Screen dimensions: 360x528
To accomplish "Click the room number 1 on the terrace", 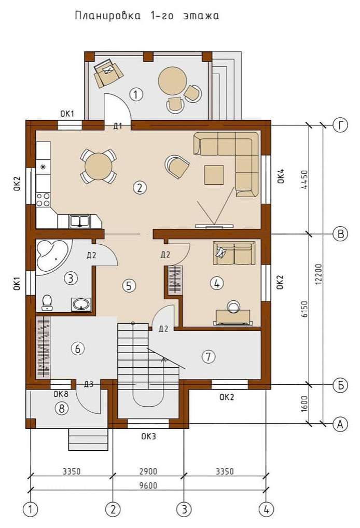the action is [136, 94].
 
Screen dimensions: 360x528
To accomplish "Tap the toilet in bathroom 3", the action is [47, 302].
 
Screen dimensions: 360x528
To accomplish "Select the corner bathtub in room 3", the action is [53, 256].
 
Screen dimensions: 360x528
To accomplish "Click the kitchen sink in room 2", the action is [79, 221].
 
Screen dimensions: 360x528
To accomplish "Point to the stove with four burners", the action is [43, 199].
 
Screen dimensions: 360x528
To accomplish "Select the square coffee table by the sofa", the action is [214, 175].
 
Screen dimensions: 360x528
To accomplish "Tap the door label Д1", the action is [118, 126].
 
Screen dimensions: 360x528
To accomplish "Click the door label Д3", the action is [89, 384].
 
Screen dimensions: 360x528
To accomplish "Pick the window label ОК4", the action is [281, 176].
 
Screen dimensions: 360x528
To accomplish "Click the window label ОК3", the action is [148, 437].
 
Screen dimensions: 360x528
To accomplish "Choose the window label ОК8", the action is [61, 394].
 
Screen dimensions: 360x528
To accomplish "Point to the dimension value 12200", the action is [319, 274].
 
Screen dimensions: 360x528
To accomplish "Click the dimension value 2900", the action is [148, 471].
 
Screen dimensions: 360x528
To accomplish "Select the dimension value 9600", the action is [148, 485].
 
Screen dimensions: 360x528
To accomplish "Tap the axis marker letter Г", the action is [340, 125].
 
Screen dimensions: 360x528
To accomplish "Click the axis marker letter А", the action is [340, 425].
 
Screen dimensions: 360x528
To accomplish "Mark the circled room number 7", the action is [209, 356].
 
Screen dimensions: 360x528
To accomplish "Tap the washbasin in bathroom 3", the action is [81, 305].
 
